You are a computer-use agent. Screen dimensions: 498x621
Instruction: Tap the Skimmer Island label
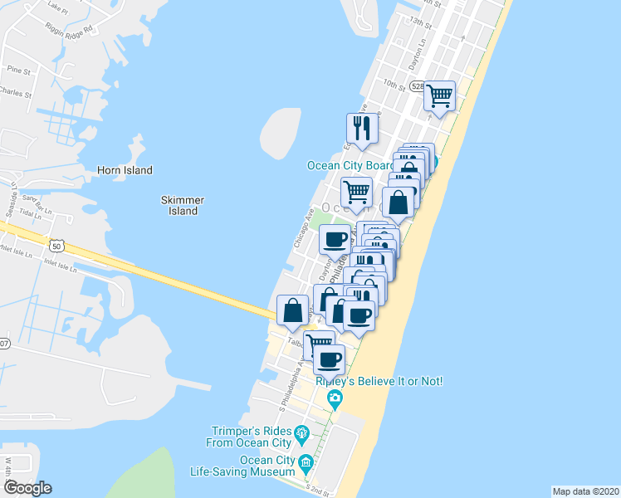click(x=183, y=205)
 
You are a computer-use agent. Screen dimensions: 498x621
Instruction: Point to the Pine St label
click(x=17, y=71)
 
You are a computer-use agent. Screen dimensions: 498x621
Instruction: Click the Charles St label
click(x=15, y=93)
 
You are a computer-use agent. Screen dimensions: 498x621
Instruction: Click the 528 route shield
click(x=417, y=85)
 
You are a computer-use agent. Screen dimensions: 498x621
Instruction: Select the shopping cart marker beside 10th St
click(x=439, y=96)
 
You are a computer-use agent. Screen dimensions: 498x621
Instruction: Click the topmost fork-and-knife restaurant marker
click(x=361, y=128)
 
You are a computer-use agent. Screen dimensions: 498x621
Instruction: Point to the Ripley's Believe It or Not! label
click(x=379, y=381)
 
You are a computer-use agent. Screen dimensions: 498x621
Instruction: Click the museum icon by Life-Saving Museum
click(x=306, y=461)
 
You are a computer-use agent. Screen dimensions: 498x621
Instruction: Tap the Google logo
click(x=28, y=488)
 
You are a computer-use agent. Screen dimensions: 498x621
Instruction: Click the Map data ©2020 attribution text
click(x=584, y=491)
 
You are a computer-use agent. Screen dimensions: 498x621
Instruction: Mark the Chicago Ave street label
click(x=303, y=227)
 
